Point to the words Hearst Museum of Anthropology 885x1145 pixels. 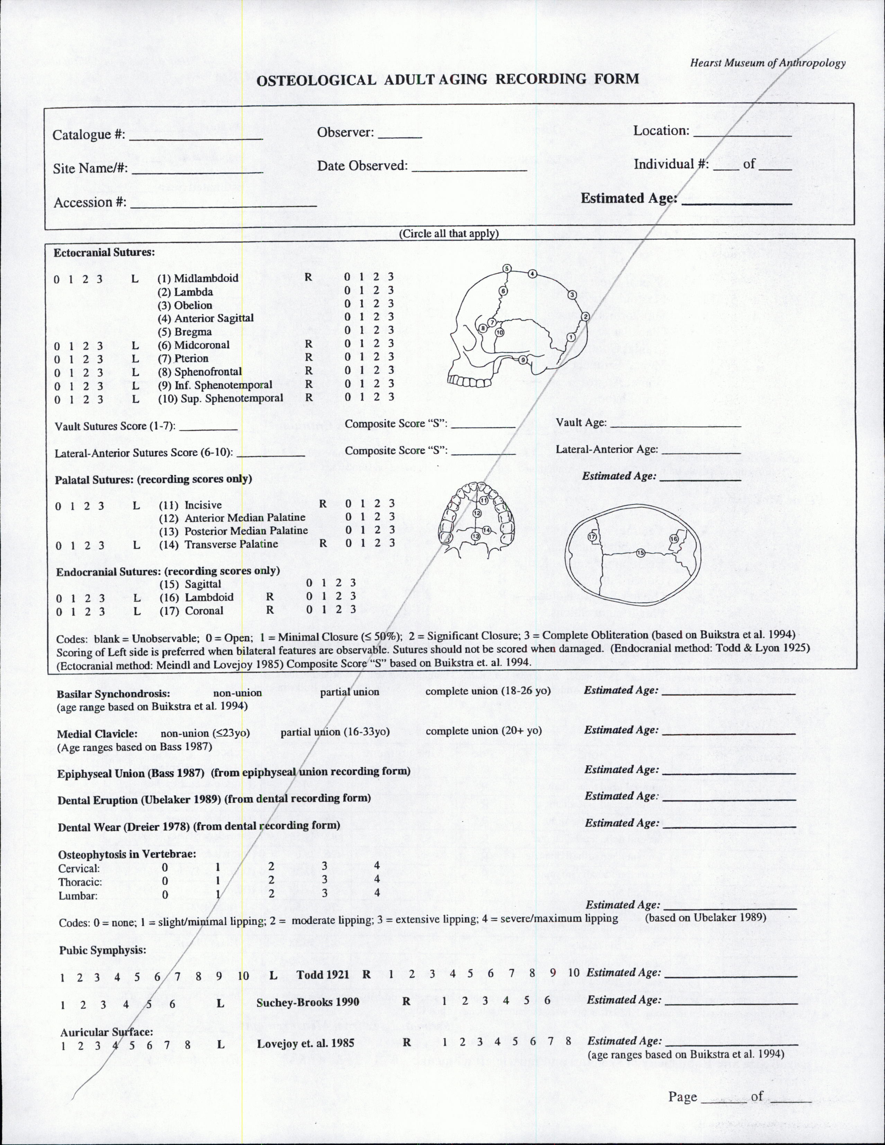[x=768, y=63]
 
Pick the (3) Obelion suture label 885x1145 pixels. [x=186, y=305]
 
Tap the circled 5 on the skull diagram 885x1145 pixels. [x=507, y=268]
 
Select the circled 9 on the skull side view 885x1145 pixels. [x=522, y=360]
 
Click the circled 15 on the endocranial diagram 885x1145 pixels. [x=640, y=552]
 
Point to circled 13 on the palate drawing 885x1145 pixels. [x=476, y=536]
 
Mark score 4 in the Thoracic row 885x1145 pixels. [x=377, y=879]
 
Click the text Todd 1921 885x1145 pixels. [x=322, y=975]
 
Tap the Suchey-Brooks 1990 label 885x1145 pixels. [x=307, y=1002]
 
